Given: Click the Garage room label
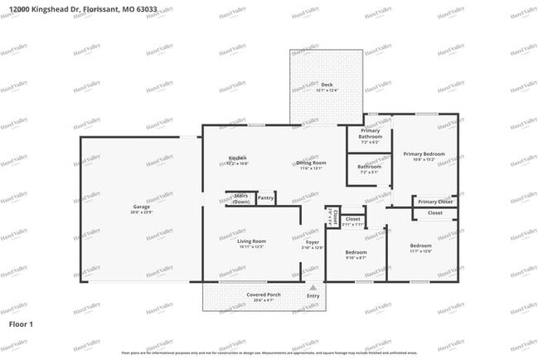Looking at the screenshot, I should pos(142,207).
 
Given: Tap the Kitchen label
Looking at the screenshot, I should pos(238,158).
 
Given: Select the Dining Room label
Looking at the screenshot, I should pos(312,163).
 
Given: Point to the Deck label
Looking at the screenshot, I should pos(315,85).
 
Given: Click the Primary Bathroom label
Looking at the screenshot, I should pos(370,134).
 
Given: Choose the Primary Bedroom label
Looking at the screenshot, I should pos(424,153).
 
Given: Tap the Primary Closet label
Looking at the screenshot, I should pos(435,202).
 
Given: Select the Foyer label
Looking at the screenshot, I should pos(313,241).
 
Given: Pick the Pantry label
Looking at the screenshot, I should pos(265,197).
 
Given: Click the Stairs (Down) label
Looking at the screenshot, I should pos(240,199).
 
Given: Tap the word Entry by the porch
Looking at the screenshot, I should pos(313,296).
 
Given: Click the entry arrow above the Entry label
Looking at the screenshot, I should pos(313,286).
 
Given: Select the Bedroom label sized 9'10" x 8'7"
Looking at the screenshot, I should pos(356,251).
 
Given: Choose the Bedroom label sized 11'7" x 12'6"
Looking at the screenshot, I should pos(420,246).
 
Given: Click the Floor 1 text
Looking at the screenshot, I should pos(21,323).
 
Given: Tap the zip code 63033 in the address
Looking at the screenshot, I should pos(146,9).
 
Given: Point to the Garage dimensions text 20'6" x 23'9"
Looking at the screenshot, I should pos(142,212).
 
